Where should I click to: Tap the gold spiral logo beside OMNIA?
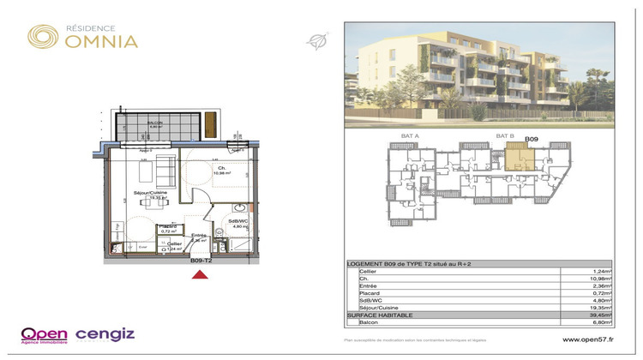pos(43,36)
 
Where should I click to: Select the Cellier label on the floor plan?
pos(174,244)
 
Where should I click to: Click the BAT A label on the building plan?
pos(410,136)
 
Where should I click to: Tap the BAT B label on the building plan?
pos(504,136)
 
